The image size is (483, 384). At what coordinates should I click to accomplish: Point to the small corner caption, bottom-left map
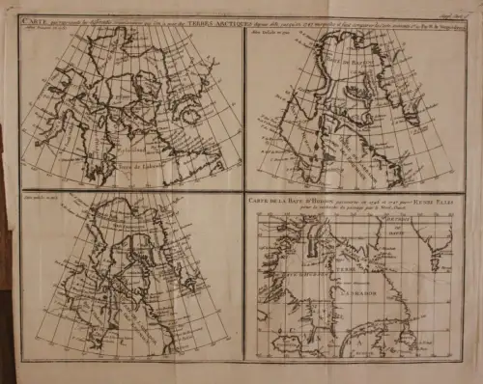(43, 200)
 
